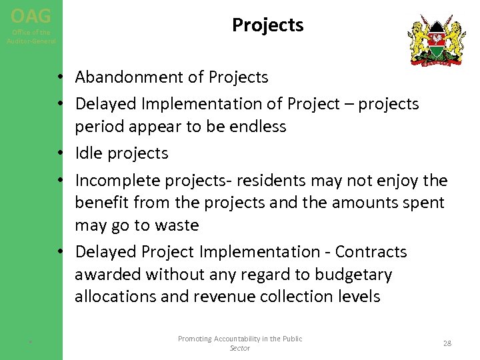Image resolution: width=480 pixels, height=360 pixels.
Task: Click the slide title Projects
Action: point(267,25)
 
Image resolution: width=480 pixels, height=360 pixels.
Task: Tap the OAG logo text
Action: point(31,15)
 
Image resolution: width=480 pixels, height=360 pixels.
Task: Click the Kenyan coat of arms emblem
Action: point(437,40)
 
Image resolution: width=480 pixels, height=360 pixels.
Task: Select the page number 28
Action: point(447,343)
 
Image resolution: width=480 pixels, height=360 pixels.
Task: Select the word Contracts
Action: point(371,252)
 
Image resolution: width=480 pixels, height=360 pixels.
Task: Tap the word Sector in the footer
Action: point(239,348)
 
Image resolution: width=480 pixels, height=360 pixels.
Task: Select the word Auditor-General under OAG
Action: point(31,41)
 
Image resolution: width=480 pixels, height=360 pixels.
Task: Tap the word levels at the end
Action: point(358,297)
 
